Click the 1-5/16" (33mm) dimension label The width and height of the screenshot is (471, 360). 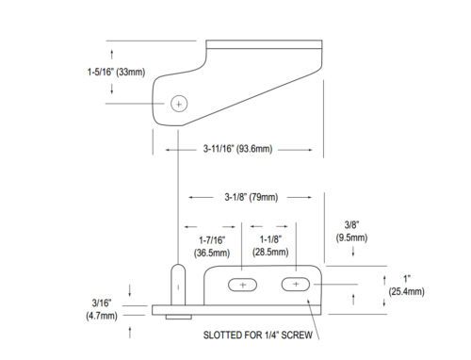coord(116,72)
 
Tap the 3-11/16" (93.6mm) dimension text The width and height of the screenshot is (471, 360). coord(237,149)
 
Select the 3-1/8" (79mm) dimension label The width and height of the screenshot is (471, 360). coord(252,197)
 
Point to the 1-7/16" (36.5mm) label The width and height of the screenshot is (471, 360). coord(212,247)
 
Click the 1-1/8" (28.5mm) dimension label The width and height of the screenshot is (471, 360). coord(270,246)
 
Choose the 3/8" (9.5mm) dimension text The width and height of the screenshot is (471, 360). coord(351,231)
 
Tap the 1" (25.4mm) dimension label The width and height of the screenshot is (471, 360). coord(407,286)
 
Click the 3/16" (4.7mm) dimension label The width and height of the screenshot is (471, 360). coord(102,309)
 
